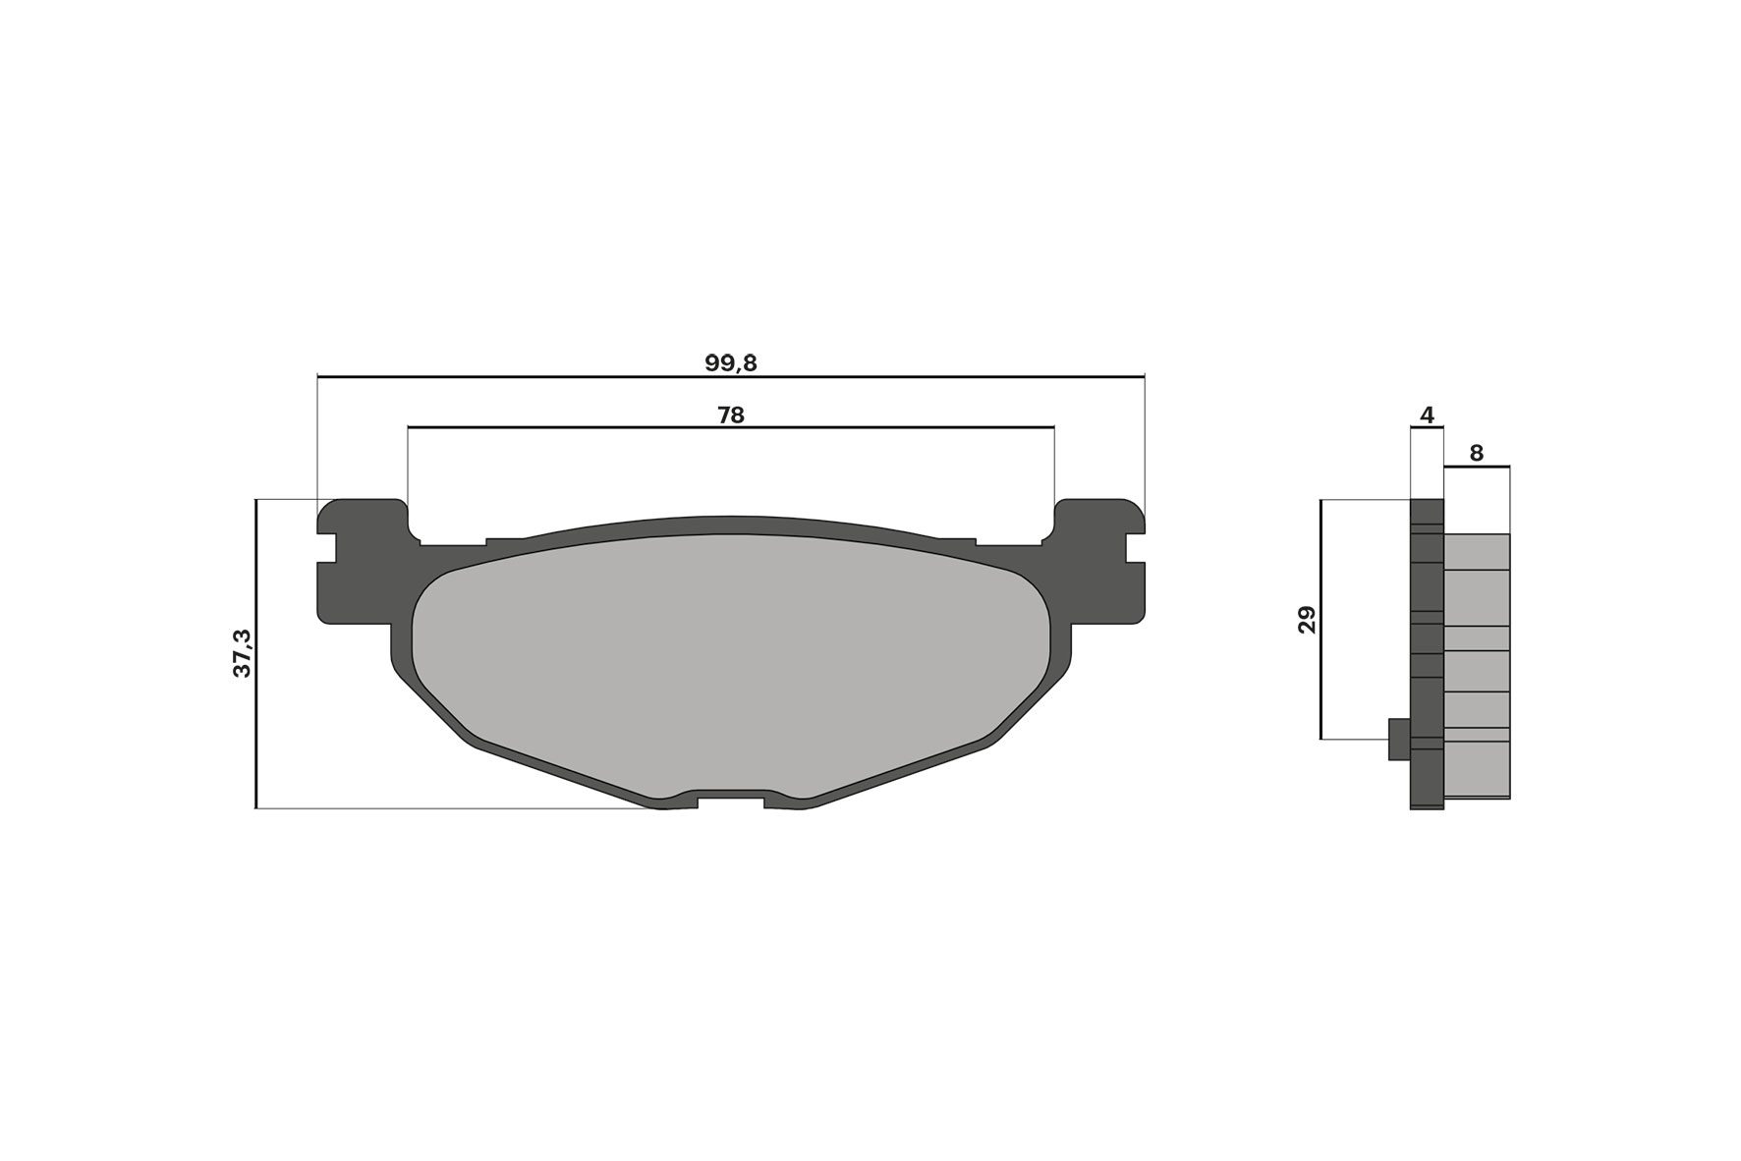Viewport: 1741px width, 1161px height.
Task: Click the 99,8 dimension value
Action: pyautogui.click(x=730, y=362)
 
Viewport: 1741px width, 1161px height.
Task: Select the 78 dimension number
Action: pyautogui.click(x=730, y=415)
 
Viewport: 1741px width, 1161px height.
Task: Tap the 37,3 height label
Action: pyautogui.click(x=242, y=653)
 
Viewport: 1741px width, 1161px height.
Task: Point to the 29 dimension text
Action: pyautogui.click(x=1307, y=620)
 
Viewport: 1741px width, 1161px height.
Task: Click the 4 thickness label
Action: pyautogui.click(x=1427, y=415)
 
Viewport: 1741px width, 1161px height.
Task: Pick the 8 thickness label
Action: pyautogui.click(x=1476, y=453)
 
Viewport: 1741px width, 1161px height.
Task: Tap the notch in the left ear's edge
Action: pyautogui.click(x=326, y=548)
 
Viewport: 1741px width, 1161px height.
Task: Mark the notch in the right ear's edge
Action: pyautogui.click(x=1135, y=548)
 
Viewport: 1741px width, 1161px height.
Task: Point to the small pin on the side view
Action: pyautogui.click(x=1399, y=739)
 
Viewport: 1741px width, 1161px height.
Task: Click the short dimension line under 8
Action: pyautogui.click(x=1476, y=468)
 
